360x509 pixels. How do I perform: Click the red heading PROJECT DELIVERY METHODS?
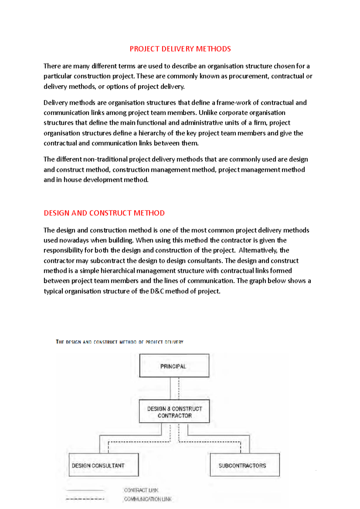[180, 49]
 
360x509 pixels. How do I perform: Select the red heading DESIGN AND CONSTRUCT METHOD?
[104, 213]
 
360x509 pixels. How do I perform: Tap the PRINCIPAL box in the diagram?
[174, 366]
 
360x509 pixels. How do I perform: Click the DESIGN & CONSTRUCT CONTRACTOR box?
[174, 412]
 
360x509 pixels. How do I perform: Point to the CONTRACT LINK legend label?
[141, 490]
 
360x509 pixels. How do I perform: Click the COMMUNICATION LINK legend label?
[148, 499]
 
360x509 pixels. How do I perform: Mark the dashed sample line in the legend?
[85, 499]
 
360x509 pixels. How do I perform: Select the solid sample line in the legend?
[85, 490]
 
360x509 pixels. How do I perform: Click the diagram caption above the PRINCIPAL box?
[119, 342]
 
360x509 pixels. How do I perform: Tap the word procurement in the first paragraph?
[248, 76]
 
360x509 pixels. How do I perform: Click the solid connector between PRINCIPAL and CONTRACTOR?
[170, 388]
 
